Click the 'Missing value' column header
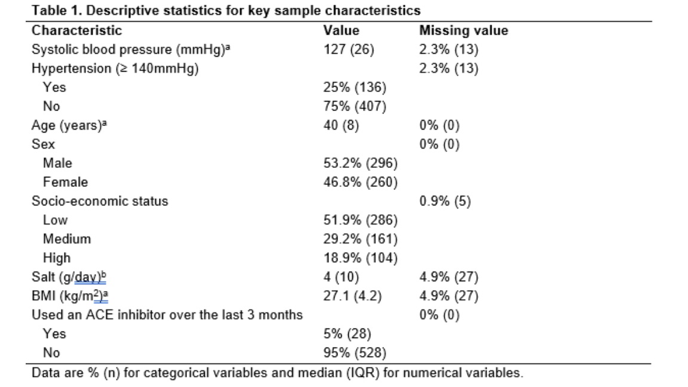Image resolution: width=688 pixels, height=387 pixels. coord(464,30)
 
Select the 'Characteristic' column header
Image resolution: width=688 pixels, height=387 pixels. coord(77,30)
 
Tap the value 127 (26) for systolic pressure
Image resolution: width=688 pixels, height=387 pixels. coord(349,49)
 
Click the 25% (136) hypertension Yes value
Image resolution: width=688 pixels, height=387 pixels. coord(355,87)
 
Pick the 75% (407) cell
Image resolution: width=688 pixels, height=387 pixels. coord(355,106)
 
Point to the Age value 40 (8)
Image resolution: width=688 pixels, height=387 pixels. coord(342,125)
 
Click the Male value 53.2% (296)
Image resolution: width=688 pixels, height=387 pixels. coord(361,163)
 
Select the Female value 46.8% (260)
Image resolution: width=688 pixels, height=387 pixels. coord(361,182)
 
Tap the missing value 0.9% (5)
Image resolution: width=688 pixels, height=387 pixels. coord(445,201)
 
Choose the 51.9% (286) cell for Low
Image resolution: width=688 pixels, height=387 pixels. coord(361,220)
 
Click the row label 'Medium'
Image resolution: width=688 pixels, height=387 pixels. coord(67,239)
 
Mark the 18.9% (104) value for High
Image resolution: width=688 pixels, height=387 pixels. coord(361,258)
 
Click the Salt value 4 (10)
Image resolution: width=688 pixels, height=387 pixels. coord(342,277)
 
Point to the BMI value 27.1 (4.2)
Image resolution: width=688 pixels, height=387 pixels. coord(353,296)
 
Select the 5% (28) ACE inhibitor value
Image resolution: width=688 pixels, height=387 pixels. coord(348,334)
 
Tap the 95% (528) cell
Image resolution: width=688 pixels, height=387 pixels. coord(355,353)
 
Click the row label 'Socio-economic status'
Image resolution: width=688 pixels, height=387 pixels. coord(100,201)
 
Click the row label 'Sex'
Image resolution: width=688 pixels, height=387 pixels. coord(44,144)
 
